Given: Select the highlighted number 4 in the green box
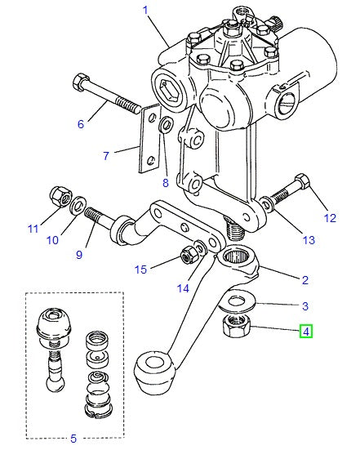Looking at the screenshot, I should (305, 332).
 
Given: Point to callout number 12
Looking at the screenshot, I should (330, 217).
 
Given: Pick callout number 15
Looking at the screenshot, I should (140, 270).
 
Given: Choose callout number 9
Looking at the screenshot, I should (79, 254).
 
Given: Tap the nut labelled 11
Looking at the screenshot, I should (58, 196).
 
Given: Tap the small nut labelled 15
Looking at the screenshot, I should (187, 256).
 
